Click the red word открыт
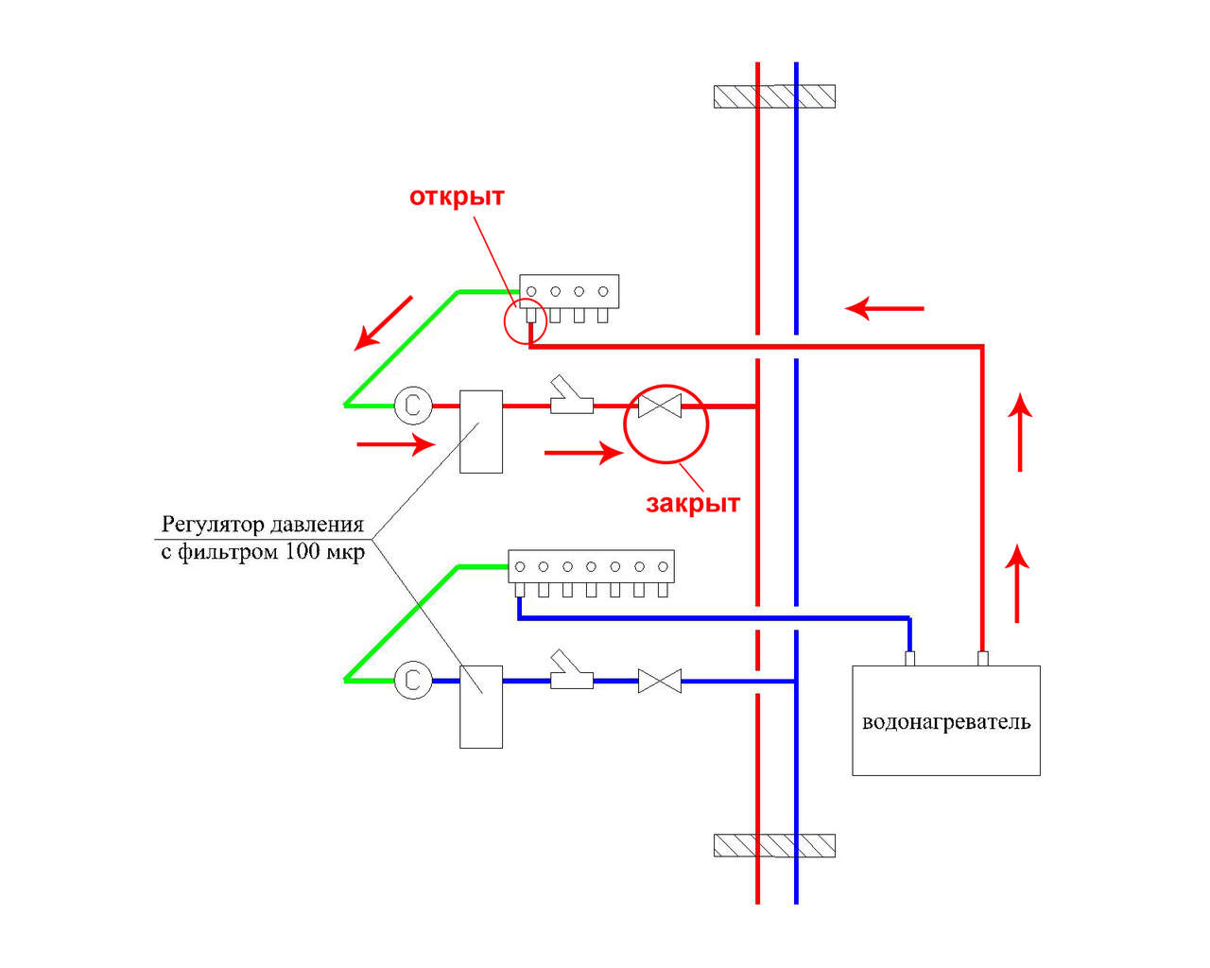[x=457, y=197]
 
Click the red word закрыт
[x=692, y=503]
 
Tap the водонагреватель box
[x=945, y=720]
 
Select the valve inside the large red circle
[x=660, y=406]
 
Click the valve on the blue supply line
[x=660, y=681]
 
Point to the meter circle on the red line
[x=412, y=406]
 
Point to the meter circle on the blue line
[x=412, y=681]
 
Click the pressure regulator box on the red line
[x=480, y=431]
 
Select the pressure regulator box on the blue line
[x=480, y=706]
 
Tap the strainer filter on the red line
[x=571, y=400]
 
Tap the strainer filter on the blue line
[x=571, y=673]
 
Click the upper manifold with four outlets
[x=569, y=291]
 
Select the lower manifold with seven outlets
[x=591, y=566]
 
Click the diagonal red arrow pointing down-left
[x=384, y=323]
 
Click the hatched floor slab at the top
[x=774, y=96]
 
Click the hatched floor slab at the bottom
[x=774, y=845]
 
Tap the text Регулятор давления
[x=263, y=525]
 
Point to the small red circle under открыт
[x=525, y=323]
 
